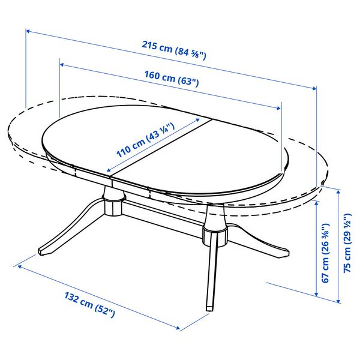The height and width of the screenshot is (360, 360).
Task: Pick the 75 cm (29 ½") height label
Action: (x=347, y=252)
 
